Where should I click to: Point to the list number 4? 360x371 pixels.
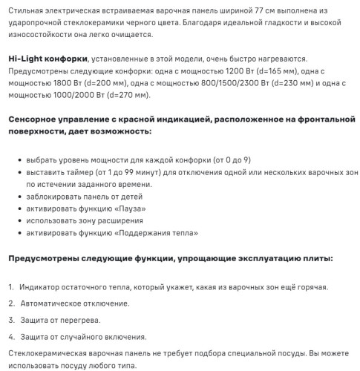coord(11,336)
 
